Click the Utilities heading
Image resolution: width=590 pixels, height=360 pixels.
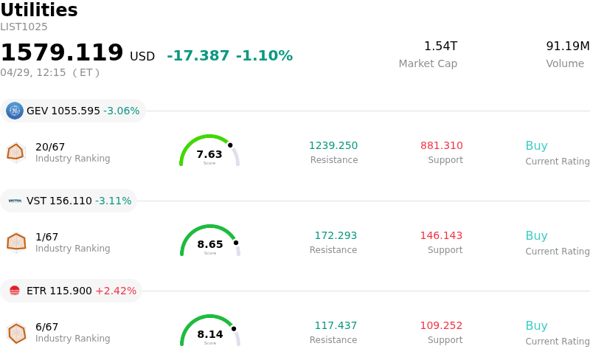point(39,10)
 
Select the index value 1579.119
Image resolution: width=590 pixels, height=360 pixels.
point(62,53)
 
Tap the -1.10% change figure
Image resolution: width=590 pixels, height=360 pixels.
point(264,56)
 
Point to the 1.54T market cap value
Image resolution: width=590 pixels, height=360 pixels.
point(440,46)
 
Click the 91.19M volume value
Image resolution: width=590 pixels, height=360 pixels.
point(567,46)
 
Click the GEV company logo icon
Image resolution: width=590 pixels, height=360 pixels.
point(15,111)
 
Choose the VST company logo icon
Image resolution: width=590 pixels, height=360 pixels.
point(15,201)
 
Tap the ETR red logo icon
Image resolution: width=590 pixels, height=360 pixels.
point(15,291)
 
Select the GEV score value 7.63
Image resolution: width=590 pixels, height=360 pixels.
point(209,154)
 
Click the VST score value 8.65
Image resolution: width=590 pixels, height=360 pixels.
point(210,244)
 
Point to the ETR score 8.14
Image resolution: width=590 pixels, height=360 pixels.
point(210,334)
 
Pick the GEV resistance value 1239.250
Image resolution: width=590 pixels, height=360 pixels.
point(333,146)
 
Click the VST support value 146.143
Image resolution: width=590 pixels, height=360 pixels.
point(441,236)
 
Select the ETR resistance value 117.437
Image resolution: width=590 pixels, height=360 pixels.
point(336,326)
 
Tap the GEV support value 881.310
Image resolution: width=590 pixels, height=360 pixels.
point(442,146)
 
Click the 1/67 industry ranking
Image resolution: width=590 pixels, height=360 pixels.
point(46,237)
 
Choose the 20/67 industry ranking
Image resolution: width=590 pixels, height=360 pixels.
point(50,147)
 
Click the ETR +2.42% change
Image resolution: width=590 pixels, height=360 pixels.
point(116,291)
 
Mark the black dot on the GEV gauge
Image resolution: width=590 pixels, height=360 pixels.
point(230,145)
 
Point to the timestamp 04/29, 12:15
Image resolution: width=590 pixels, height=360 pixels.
point(33,72)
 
